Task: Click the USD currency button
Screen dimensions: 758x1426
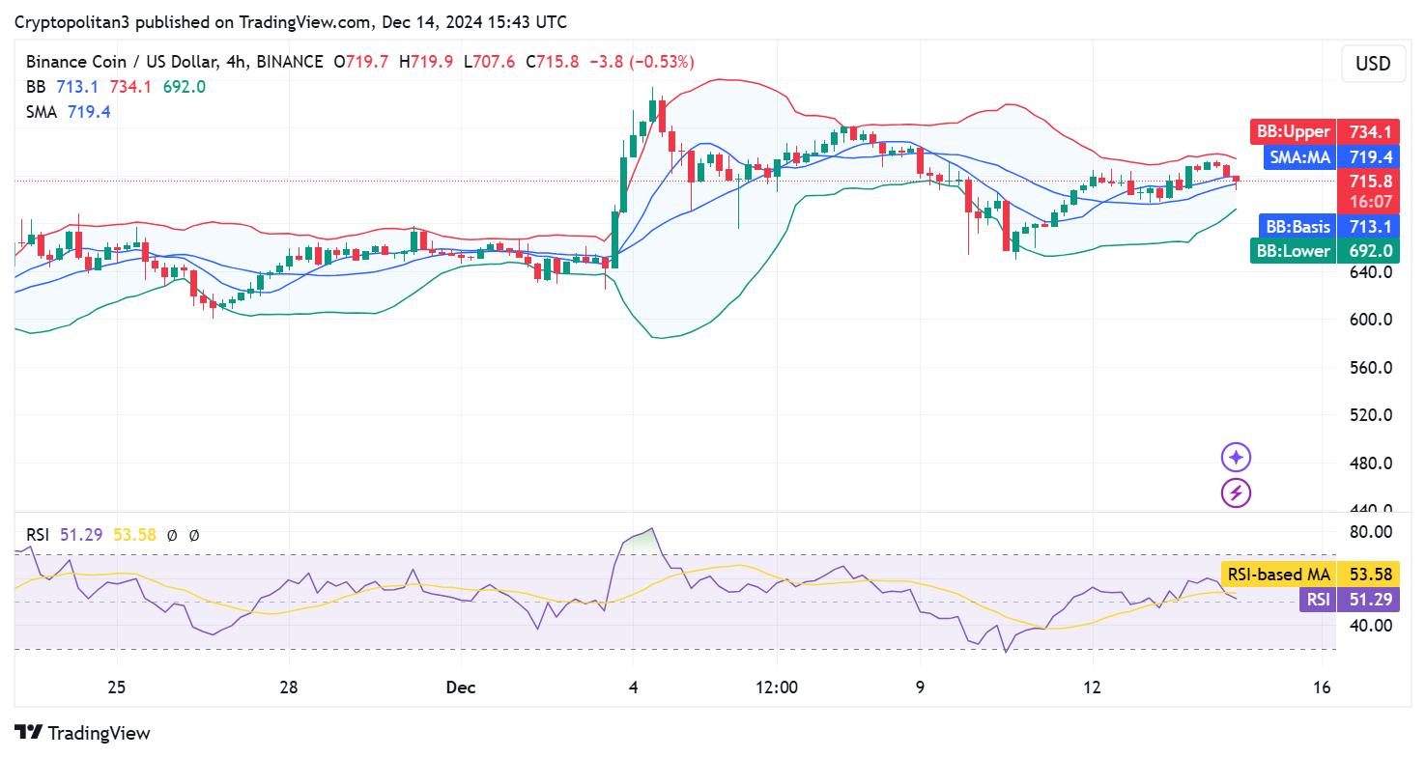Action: pyautogui.click(x=1373, y=64)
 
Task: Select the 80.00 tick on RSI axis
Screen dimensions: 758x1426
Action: pyautogui.click(x=1370, y=531)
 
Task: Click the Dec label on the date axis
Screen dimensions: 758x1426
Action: pyautogui.click(x=460, y=688)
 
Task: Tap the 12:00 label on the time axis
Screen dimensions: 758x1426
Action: pyautogui.click(x=777, y=688)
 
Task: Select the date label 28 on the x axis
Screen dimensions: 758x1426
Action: pyautogui.click(x=288, y=688)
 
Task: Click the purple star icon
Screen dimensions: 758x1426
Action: pyautogui.click(x=1237, y=458)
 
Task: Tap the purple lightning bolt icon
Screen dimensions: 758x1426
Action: pyautogui.click(x=1237, y=493)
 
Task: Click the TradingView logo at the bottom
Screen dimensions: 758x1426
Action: pyautogui.click(x=83, y=733)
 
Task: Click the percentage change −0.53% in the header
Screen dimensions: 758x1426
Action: pyautogui.click(x=662, y=62)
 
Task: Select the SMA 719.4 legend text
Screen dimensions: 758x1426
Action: pyautogui.click(x=68, y=112)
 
